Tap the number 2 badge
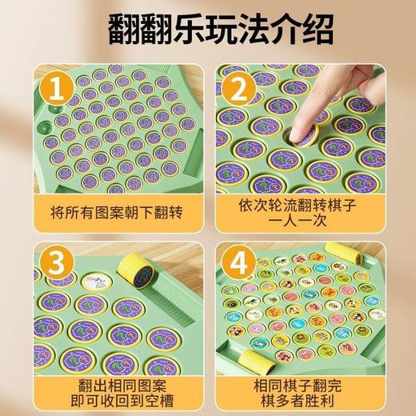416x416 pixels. tap(235, 87)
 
